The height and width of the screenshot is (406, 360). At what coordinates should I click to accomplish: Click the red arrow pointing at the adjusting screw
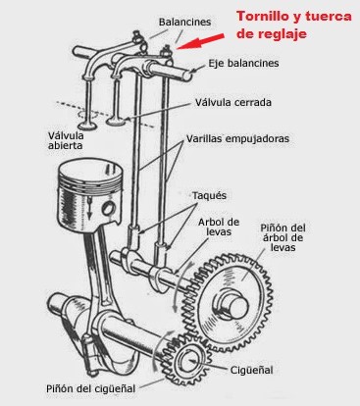click(x=200, y=41)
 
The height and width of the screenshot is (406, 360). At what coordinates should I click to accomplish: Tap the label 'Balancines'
click(x=184, y=23)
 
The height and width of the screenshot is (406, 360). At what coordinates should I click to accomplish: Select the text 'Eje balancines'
click(x=243, y=63)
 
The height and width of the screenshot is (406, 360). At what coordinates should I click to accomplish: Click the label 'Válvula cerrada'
click(x=233, y=102)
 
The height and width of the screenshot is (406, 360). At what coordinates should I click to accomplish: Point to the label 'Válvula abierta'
click(x=66, y=140)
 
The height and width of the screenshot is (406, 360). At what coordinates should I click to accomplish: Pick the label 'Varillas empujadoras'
click(x=237, y=138)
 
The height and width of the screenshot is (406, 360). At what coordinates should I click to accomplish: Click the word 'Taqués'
click(x=209, y=195)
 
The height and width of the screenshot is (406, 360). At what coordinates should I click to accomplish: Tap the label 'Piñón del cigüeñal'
click(x=90, y=388)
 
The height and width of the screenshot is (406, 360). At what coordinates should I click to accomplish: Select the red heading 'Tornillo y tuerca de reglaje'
click(x=294, y=25)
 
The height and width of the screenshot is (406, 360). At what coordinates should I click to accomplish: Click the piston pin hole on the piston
click(x=109, y=208)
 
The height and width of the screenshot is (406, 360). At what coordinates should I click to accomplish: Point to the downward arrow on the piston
click(x=88, y=209)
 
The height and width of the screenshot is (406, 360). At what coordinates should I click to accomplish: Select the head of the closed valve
click(x=116, y=122)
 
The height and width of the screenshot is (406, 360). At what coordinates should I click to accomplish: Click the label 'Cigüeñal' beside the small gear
click(x=251, y=371)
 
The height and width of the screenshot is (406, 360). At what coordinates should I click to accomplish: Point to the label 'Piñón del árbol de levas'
click(x=283, y=237)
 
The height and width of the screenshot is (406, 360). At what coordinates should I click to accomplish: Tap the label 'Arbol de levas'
click(x=219, y=227)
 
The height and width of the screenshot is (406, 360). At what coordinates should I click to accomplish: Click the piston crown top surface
click(x=90, y=172)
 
